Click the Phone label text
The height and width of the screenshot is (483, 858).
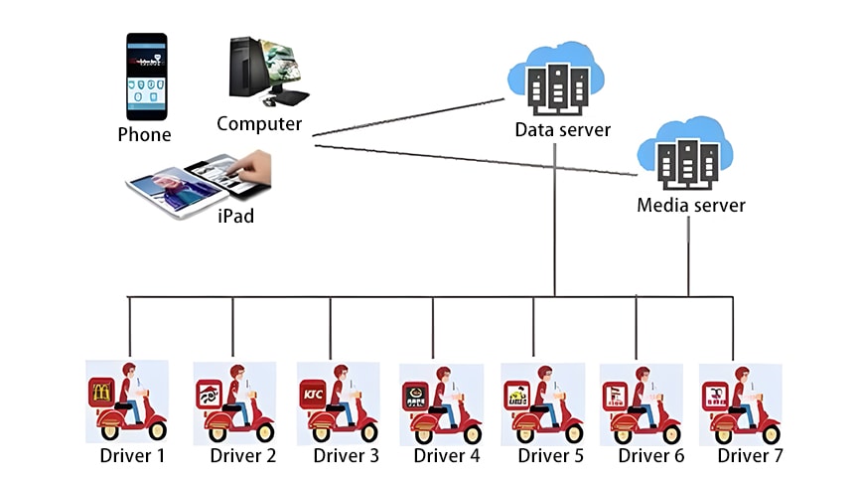pyautogui.click(x=144, y=135)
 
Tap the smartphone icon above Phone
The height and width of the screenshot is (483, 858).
pyautogui.click(x=146, y=76)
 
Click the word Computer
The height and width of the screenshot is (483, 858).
pyautogui.click(x=259, y=124)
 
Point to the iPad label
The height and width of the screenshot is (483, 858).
pyautogui.click(x=235, y=215)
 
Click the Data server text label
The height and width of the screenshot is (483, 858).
pyautogui.click(x=562, y=130)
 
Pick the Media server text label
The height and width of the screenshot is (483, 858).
pyautogui.click(x=690, y=206)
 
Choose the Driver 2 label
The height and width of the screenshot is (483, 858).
pyautogui.click(x=243, y=456)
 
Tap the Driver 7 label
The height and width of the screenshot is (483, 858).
pyautogui.click(x=751, y=456)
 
